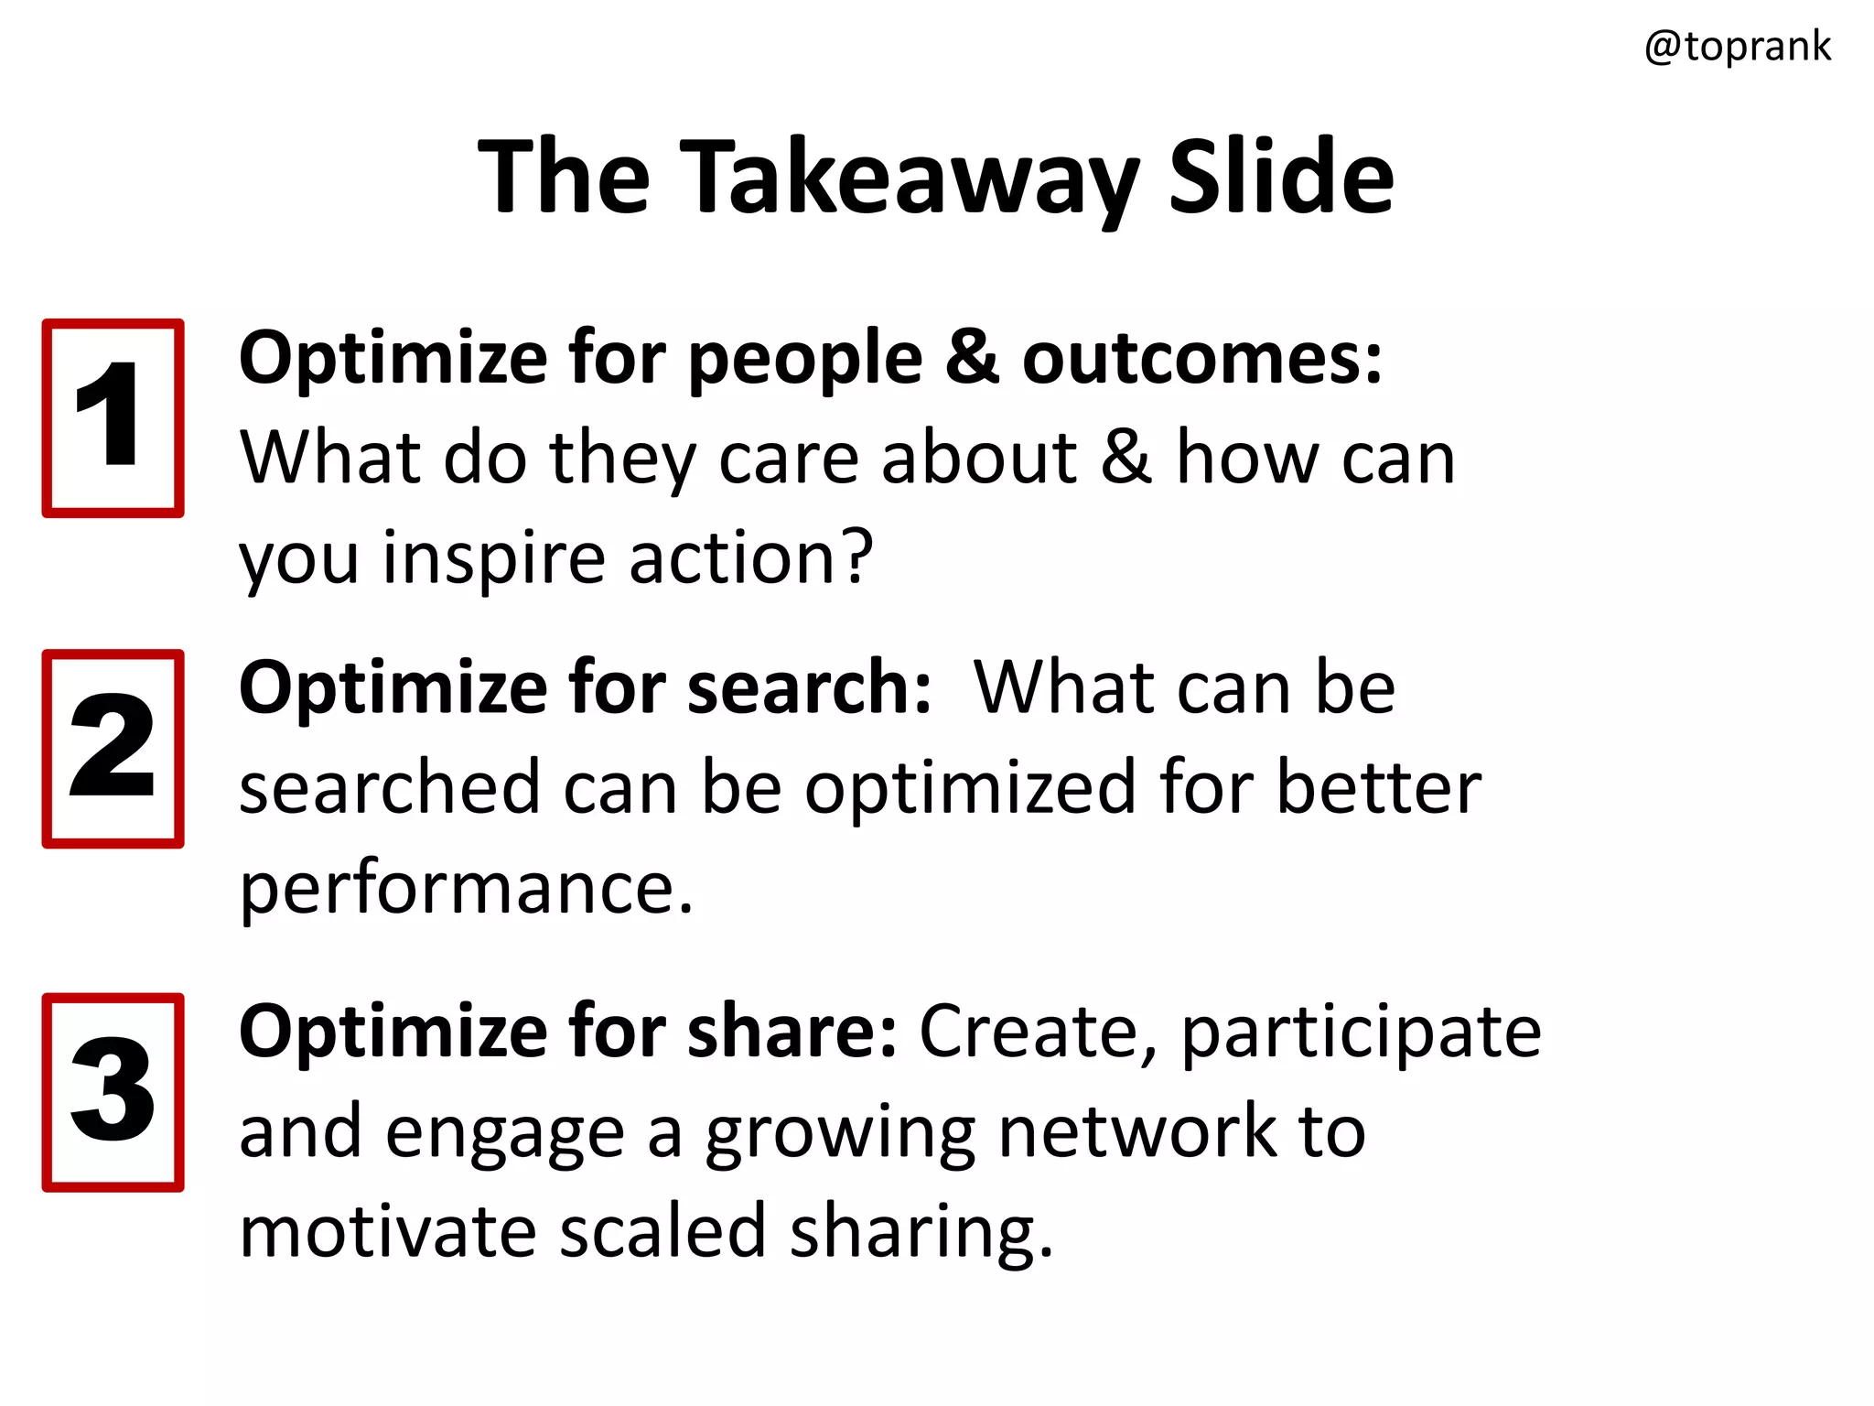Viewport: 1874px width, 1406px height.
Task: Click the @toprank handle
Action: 1737,47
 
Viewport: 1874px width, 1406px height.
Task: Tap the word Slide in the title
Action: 1281,176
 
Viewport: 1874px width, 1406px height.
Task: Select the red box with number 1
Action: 113,418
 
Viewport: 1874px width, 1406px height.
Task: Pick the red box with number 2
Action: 113,749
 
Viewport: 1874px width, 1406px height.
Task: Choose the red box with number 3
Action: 113,1092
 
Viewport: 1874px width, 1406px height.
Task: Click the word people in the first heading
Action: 805,359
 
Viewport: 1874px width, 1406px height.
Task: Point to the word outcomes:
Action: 1201,359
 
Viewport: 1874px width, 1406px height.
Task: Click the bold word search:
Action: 809,687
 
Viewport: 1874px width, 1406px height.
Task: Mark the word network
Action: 1136,1132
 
